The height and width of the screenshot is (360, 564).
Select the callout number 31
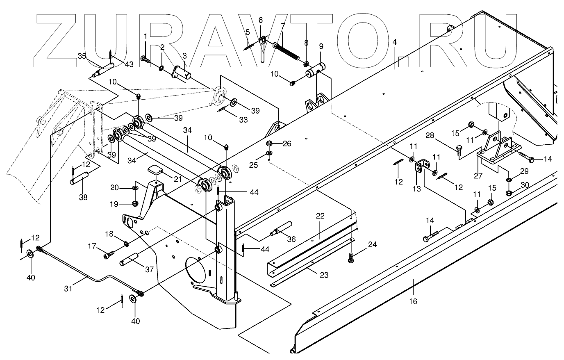(68, 288)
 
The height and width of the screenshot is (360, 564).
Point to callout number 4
(394, 42)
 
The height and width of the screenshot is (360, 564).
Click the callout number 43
(129, 64)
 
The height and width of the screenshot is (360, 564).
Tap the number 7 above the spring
(282, 26)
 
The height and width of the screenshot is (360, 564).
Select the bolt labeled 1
(146, 60)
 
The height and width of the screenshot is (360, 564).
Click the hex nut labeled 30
(509, 192)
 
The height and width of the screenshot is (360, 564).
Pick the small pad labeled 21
(155, 169)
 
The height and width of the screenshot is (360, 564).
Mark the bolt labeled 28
(459, 153)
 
